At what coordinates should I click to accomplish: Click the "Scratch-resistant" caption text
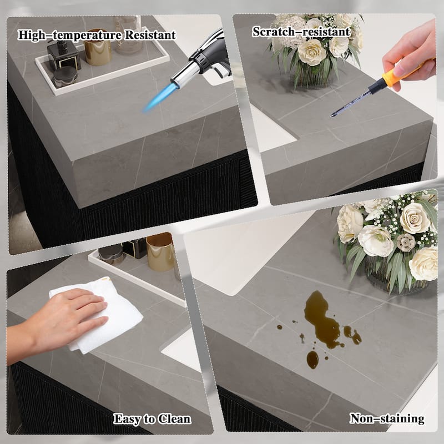301,32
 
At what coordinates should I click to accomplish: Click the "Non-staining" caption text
387,418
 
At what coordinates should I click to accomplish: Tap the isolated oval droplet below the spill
312,359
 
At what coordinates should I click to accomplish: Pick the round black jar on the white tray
65,76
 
